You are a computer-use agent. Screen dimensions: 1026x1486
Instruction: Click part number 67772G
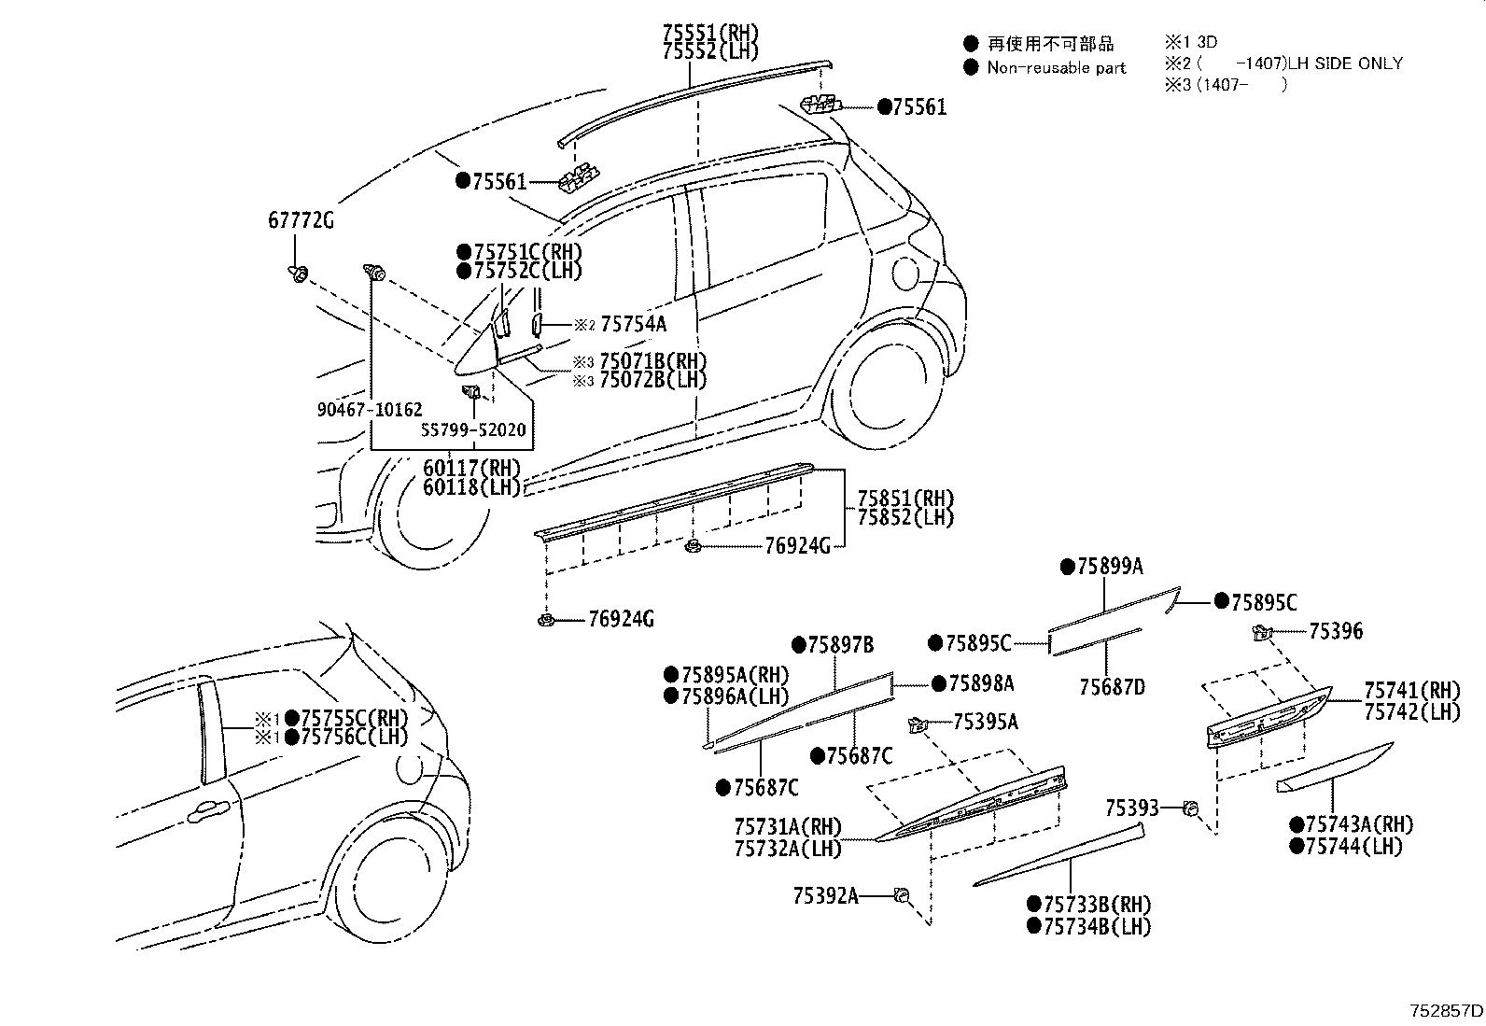tap(301, 221)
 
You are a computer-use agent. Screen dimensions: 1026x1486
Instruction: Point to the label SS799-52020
tap(473, 430)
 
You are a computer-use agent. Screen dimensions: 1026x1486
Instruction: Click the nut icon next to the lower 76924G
tap(547, 619)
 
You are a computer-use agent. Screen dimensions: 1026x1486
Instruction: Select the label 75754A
tap(633, 324)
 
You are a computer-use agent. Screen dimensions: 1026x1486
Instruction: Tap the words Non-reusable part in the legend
tap(1056, 67)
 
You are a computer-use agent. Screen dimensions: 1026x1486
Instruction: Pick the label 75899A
tap(1110, 567)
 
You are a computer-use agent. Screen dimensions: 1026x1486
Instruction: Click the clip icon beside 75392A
tap(902, 895)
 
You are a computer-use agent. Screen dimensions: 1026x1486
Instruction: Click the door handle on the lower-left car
tap(206, 811)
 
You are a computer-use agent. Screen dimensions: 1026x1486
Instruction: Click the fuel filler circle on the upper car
tap(905, 274)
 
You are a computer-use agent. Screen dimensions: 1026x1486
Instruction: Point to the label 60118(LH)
tap(470, 487)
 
